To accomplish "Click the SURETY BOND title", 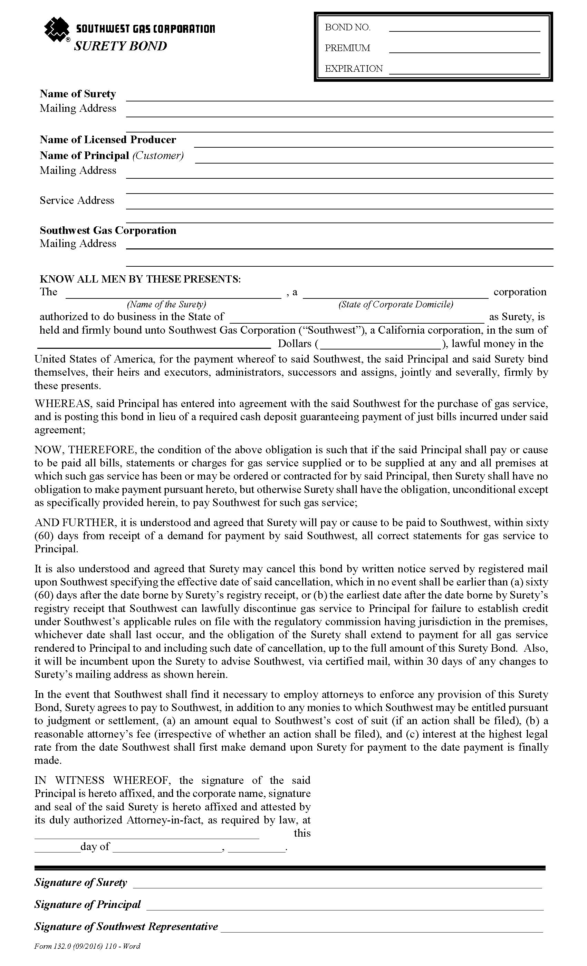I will (x=121, y=46).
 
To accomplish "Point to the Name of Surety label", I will (x=78, y=94).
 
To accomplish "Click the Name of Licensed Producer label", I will (x=108, y=140).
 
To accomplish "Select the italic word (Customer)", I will (x=158, y=156).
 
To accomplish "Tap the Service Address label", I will (x=77, y=201).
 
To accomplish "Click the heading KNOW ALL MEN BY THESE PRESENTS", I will (x=140, y=279).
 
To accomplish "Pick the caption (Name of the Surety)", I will (x=166, y=304).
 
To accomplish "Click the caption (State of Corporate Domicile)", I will (x=395, y=304).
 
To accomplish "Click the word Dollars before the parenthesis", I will (x=294, y=344).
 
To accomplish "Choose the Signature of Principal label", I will (x=87, y=905).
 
